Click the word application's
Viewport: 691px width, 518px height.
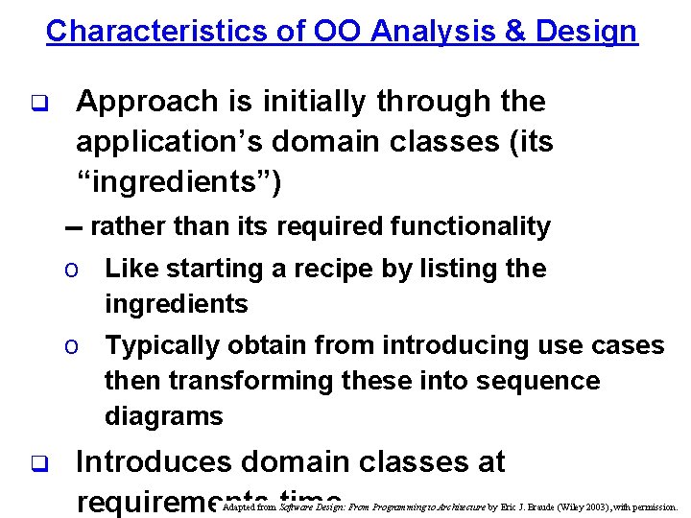pyautogui.click(x=169, y=142)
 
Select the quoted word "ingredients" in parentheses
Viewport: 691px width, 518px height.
pyautogui.click(x=179, y=182)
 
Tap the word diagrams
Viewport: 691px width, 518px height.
pyautogui.click(x=163, y=416)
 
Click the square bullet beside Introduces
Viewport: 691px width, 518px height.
pyautogui.click(x=38, y=463)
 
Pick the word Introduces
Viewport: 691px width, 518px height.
pyautogui.click(x=154, y=462)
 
